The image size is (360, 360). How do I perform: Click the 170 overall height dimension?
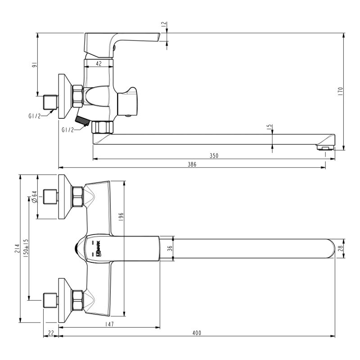(x=341, y=90)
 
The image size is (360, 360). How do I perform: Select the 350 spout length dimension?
(x=214, y=155)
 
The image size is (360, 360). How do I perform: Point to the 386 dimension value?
(x=192, y=164)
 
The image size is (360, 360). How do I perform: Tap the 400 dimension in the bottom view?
(x=196, y=333)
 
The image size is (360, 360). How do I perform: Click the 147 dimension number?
(x=109, y=324)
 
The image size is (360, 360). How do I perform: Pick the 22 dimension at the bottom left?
(x=50, y=333)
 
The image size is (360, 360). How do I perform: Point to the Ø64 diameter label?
(x=34, y=197)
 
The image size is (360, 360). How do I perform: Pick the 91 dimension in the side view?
(x=33, y=65)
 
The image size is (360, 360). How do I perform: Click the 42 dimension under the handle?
(x=98, y=63)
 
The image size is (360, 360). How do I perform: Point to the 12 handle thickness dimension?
(x=164, y=25)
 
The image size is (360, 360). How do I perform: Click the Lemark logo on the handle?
(x=98, y=247)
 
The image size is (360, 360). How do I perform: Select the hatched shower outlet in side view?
(x=82, y=120)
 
